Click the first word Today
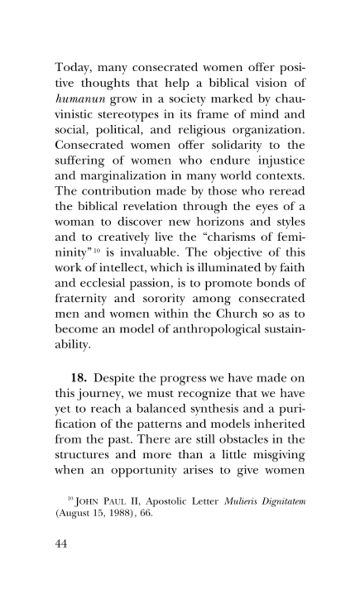tap(72, 67)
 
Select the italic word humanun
tap(79, 98)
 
